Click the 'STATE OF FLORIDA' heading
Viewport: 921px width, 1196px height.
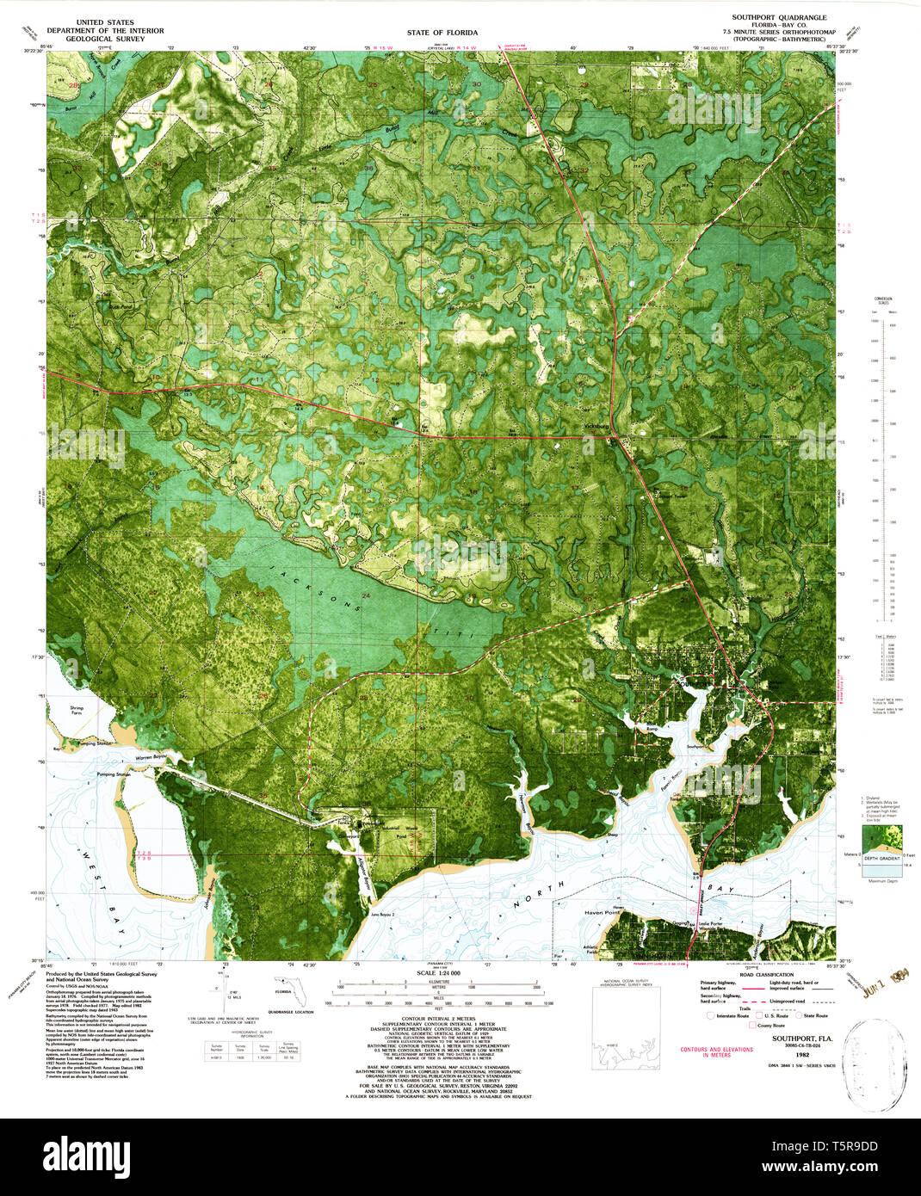click(442, 33)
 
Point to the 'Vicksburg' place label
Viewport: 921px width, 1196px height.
click(596, 426)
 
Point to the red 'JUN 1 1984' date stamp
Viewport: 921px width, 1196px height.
click(889, 983)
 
